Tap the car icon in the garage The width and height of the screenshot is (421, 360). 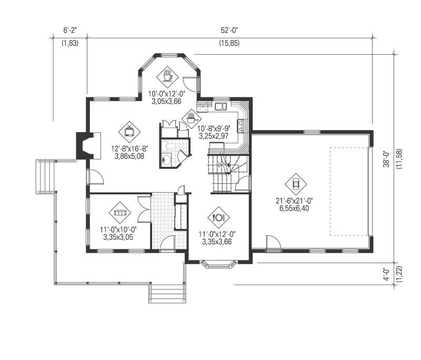point(295,183)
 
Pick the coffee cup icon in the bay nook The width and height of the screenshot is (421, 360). point(167,76)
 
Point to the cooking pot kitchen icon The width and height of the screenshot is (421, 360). point(190,117)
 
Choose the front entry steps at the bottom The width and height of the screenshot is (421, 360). point(167,293)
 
